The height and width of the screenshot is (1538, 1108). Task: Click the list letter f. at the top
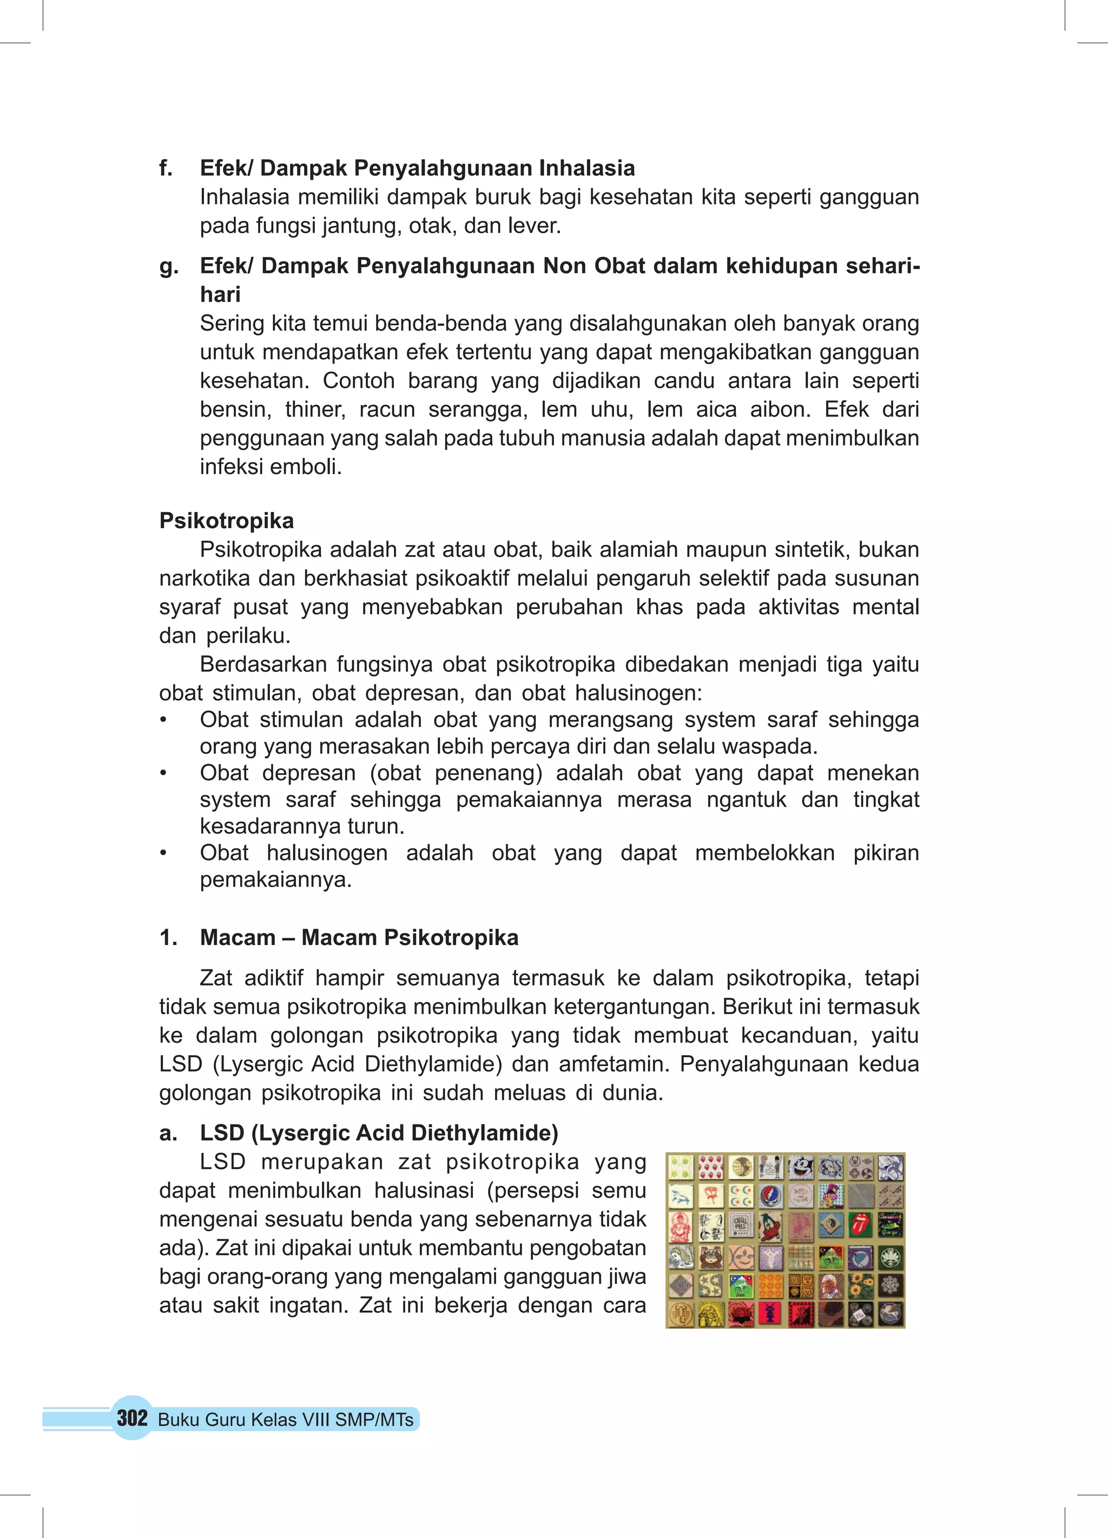click(x=166, y=168)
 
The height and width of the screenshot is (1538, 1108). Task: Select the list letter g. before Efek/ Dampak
click(x=168, y=266)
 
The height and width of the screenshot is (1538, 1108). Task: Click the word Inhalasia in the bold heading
click(x=586, y=168)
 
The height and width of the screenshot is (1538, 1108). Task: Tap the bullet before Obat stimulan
click(x=163, y=720)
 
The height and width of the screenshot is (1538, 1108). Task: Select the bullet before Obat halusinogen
click(x=163, y=853)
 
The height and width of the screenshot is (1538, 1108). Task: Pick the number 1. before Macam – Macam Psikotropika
click(x=168, y=938)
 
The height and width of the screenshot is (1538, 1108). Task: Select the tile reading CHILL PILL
click(x=741, y=1225)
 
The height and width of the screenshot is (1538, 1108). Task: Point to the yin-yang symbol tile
click(x=830, y=1224)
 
